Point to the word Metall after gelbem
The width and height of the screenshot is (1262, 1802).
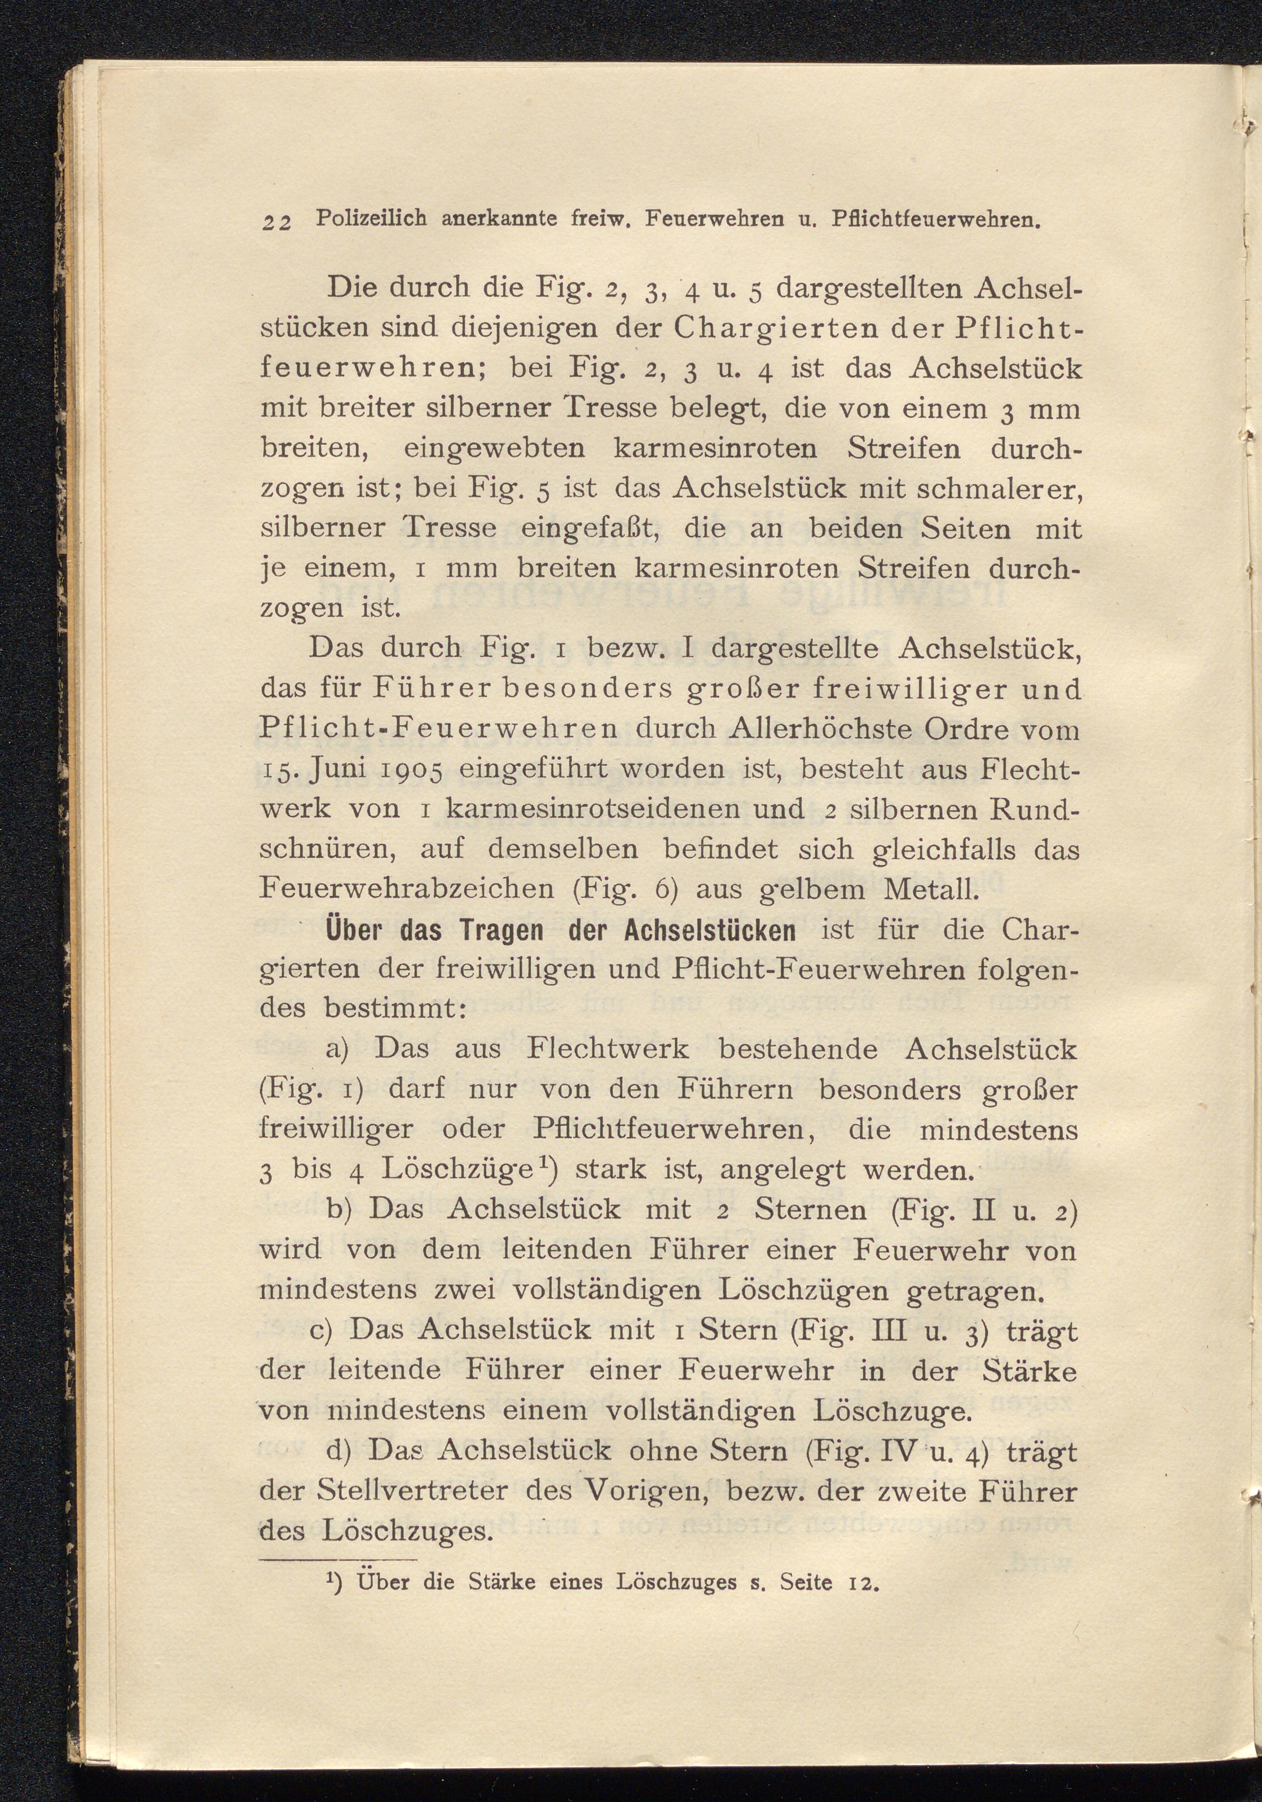(x=930, y=889)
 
